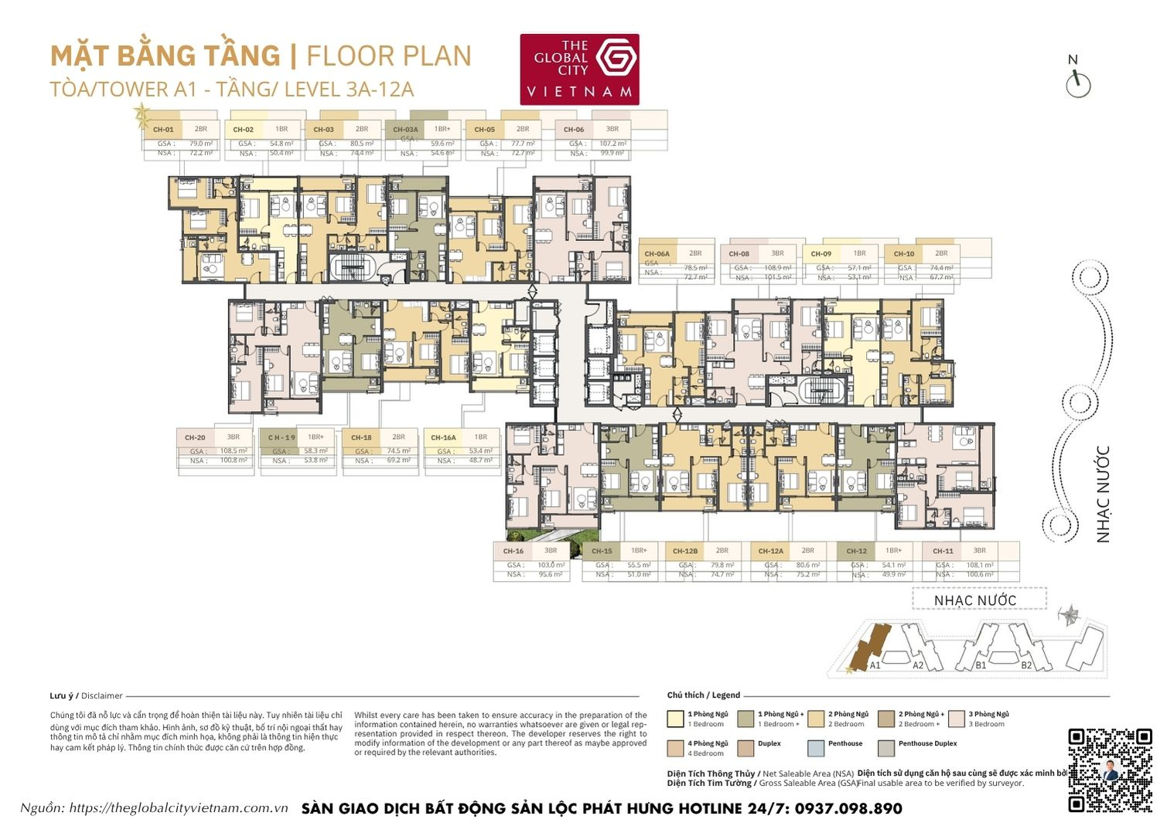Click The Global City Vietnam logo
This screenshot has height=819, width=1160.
click(579, 69)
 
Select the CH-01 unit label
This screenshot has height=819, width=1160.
click(163, 130)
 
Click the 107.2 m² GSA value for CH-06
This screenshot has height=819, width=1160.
click(612, 144)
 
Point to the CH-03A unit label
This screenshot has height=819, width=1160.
click(405, 130)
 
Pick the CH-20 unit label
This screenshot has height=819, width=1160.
click(195, 437)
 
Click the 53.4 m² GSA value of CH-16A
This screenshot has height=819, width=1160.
click(480, 450)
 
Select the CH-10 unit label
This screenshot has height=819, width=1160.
click(904, 253)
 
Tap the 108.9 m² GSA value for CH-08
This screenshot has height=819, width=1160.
click(777, 267)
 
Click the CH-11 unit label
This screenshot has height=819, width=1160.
click(943, 551)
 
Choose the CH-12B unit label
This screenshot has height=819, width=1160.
click(685, 551)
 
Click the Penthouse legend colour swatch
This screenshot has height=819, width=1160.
click(816, 748)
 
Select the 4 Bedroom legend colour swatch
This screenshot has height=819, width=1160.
click(675, 748)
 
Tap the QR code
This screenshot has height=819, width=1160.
click(1110, 770)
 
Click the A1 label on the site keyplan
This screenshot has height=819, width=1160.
click(875, 664)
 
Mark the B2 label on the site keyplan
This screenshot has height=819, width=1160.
click(1026, 664)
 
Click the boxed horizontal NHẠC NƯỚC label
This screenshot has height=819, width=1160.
click(975, 600)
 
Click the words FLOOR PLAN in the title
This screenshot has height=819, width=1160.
click(389, 56)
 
